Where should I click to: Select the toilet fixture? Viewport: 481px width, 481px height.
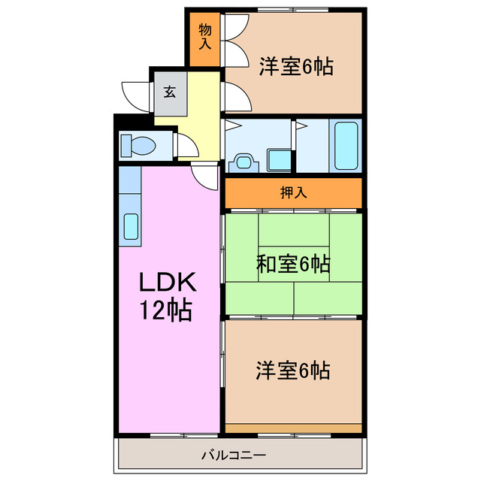tap(136, 144)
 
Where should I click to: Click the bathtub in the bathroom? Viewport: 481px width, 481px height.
tap(346, 146)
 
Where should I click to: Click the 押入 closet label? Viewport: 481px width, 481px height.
tap(294, 192)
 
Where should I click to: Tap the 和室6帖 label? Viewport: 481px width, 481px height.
tap(294, 264)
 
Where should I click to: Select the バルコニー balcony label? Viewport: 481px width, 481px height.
tap(234, 455)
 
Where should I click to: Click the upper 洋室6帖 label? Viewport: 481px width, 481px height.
tap(296, 66)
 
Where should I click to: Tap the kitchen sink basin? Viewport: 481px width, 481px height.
tap(130, 225)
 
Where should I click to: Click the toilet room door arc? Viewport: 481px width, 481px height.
tap(186, 144)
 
